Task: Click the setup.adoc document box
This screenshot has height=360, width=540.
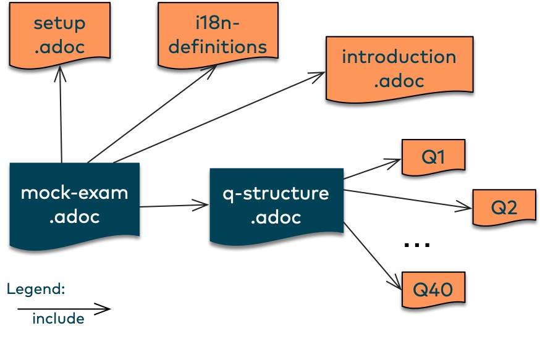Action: pyautogui.click(x=59, y=35)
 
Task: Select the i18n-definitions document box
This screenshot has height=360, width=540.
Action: pyautogui.click(x=218, y=35)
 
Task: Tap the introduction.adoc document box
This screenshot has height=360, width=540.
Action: pyautogui.click(x=400, y=69)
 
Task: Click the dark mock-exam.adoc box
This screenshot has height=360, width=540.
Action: pyautogui.click(x=74, y=205)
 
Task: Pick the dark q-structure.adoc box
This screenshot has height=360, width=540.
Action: pyautogui.click(x=277, y=206)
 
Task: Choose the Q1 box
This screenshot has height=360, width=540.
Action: pyautogui.click(x=433, y=157)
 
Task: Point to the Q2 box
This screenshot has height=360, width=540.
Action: pyautogui.click(x=504, y=207)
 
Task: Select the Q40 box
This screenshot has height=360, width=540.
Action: pyautogui.click(x=433, y=290)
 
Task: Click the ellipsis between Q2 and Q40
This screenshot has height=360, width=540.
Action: pyautogui.click(x=416, y=245)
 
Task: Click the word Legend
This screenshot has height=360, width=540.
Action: pyautogui.click(x=35, y=289)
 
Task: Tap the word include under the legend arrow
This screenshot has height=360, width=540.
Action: pyautogui.click(x=58, y=319)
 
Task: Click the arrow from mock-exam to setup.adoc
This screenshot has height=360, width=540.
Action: pyautogui.click(x=61, y=114)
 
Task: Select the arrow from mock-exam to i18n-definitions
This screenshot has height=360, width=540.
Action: pyautogui.click(x=152, y=114)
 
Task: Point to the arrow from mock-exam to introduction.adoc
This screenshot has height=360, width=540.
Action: pyautogui.click(x=219, y=117)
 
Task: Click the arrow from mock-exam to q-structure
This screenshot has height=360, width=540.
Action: pyautogui.click(x=174, y=206)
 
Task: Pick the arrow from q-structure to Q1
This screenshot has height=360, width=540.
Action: pyautogui.click(x=373, y=169)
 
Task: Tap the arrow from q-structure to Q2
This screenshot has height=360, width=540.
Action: pyautogui.click(x=408, y=199)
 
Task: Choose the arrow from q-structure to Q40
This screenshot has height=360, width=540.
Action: pyautogui.click(x=373, y=256)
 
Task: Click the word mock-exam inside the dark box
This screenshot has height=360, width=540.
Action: pyautogui.click(x=74, y=193)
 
